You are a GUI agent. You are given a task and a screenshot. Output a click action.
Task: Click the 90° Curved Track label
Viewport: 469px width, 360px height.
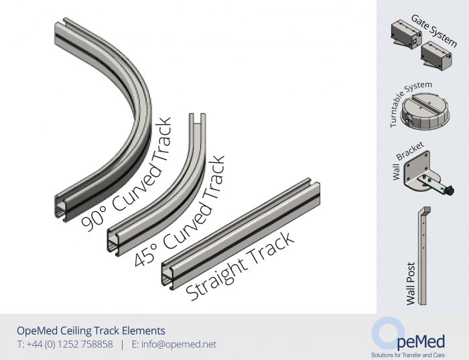tap(127, 174)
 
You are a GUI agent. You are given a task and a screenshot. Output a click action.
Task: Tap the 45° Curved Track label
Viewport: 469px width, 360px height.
tap(180, 211)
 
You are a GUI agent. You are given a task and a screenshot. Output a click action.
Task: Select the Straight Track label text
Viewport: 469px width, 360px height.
tap(240, 266)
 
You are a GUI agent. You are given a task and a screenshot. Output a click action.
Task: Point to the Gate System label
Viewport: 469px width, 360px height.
tap(434, 31)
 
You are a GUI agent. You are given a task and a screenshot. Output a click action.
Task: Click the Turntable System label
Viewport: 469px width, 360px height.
tap(410, 103)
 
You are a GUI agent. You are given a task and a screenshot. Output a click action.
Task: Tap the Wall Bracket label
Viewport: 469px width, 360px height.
tap(407, 160)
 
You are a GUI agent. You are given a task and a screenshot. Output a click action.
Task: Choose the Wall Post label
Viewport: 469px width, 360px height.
tap(411, 284)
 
